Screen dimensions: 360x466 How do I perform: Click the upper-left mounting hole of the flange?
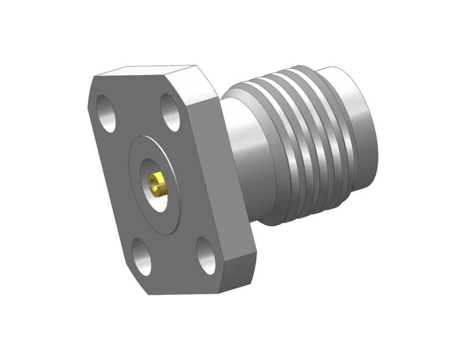[108, 114]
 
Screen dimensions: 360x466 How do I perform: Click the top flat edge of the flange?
[146, 72]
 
